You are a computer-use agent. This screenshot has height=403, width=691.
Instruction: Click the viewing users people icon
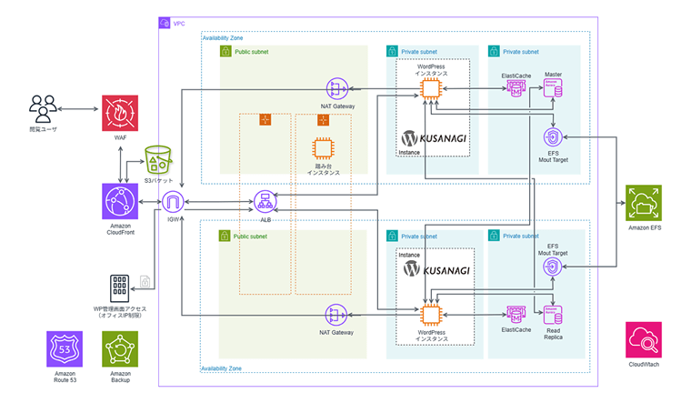(43, 109)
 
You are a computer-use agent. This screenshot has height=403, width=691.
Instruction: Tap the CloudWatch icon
(644, 340)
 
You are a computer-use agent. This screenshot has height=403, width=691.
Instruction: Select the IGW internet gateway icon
(175, 202)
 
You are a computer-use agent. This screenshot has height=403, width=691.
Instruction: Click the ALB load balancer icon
(265, 200)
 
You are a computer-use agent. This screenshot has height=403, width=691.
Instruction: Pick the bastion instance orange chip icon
(323, 151)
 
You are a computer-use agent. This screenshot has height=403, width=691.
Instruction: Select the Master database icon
(553, 89)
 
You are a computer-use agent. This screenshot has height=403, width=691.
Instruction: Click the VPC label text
(179, 22)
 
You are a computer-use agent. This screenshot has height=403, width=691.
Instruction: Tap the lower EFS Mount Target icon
(553, 267)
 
